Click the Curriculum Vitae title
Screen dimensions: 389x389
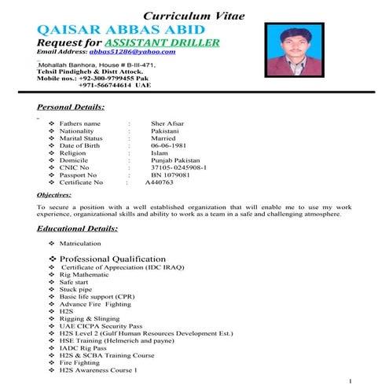(x=195, y=17)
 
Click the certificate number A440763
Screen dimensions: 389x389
(x=160, y=182)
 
